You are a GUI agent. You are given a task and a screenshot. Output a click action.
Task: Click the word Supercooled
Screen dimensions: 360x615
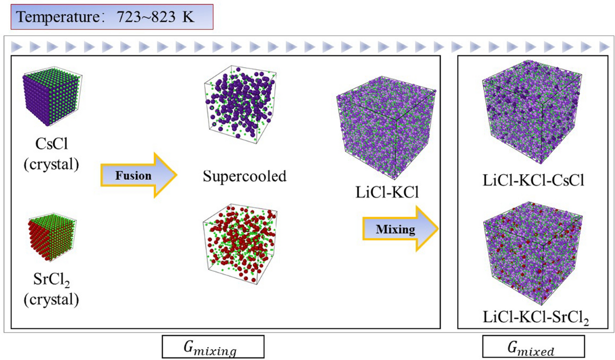tap(243, 177)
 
